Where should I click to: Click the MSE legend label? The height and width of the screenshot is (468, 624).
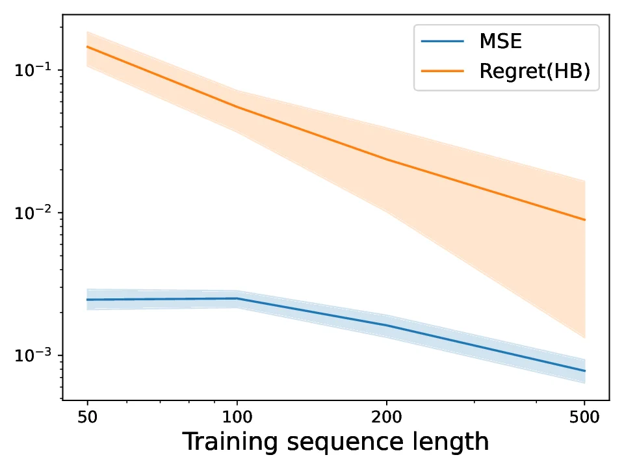(x=500, y=42)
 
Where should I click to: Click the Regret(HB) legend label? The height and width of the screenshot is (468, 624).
(x=534, y=71)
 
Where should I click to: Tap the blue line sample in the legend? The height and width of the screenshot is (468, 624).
(x=443, y=42)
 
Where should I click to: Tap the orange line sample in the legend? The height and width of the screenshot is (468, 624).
(x=443, y=71)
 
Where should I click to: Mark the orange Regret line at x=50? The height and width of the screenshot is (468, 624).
(x=87, y=47)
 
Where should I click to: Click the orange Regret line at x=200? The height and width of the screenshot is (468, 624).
(x=387, y=159)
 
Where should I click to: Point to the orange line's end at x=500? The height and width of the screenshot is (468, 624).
(x=585, y=220)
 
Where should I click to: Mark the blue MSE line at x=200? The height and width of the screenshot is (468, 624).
(x=387, y=326)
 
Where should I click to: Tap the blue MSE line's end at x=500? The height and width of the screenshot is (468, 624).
(x=585, y=370)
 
